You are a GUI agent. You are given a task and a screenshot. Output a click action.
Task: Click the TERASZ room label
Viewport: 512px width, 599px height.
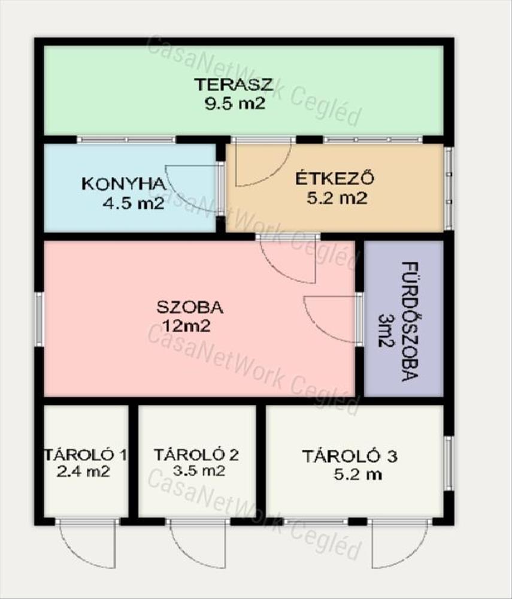[x=234, y=84]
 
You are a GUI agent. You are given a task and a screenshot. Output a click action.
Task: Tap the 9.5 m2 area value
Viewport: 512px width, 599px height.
[x=234, y=104]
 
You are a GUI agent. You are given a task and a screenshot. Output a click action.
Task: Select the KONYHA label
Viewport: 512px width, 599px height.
[x=124, y=184]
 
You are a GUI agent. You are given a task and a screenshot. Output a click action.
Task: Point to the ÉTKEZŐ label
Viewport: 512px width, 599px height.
[x=335, y=179]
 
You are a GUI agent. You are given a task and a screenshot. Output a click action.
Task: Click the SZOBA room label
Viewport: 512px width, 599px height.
[x=190, y=307]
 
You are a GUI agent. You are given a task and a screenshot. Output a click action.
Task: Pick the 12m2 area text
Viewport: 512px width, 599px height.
[x=187, y=326]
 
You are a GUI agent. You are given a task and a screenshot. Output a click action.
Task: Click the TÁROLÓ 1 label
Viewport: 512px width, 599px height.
[x=86, y=455]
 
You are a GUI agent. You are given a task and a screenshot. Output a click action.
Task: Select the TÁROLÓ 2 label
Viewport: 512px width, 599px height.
[x=196, y=455]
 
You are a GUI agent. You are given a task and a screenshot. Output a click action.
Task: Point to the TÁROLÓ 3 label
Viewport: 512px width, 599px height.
[x=350, y=456]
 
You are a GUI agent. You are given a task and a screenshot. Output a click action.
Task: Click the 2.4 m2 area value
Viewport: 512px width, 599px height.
[x=83, y=472]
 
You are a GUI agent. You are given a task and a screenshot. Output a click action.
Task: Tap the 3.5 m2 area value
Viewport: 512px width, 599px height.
[x=199, y=471]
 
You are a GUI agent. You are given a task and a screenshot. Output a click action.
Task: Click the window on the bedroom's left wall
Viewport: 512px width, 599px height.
[x=40, y=319]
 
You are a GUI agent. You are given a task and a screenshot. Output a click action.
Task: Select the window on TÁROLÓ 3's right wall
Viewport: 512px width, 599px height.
[x=449, y=464]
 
